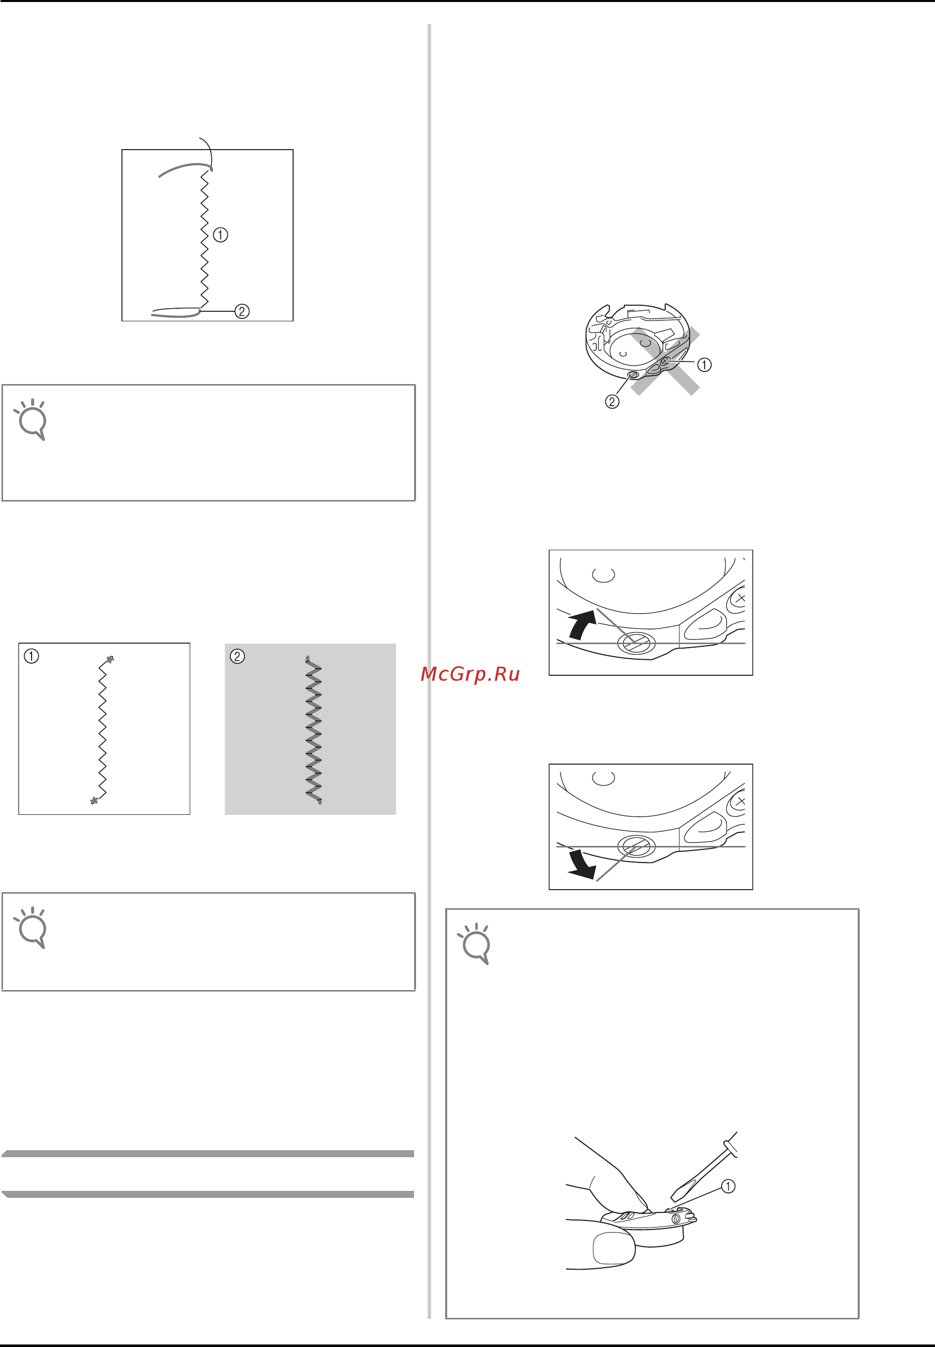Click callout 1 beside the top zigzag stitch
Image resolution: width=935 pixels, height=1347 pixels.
(220, 235)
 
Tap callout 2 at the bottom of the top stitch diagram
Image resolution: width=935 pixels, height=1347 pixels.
(242, 311)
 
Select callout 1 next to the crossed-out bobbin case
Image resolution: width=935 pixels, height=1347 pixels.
(704, 364)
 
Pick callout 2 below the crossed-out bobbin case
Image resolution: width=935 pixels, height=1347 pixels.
(612, 401)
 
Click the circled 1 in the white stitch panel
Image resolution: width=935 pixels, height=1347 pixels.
(32, 656)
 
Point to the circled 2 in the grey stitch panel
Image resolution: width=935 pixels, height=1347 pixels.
(237, 656)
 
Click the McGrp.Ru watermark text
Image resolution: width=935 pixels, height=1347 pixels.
(470, 674)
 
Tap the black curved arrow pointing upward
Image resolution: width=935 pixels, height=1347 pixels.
(583, 624)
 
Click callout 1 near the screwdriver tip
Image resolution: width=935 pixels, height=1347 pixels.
(728, 1186)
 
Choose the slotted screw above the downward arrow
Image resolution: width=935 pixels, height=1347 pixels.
(635, 846)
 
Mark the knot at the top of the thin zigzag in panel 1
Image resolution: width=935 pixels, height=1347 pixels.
(109, 660)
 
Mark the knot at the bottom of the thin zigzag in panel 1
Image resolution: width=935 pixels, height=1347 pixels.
(94, 800)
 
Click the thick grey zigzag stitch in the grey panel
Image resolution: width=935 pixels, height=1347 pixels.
(314, 730)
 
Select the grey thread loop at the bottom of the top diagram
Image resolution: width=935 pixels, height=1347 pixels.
(176, 312)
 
